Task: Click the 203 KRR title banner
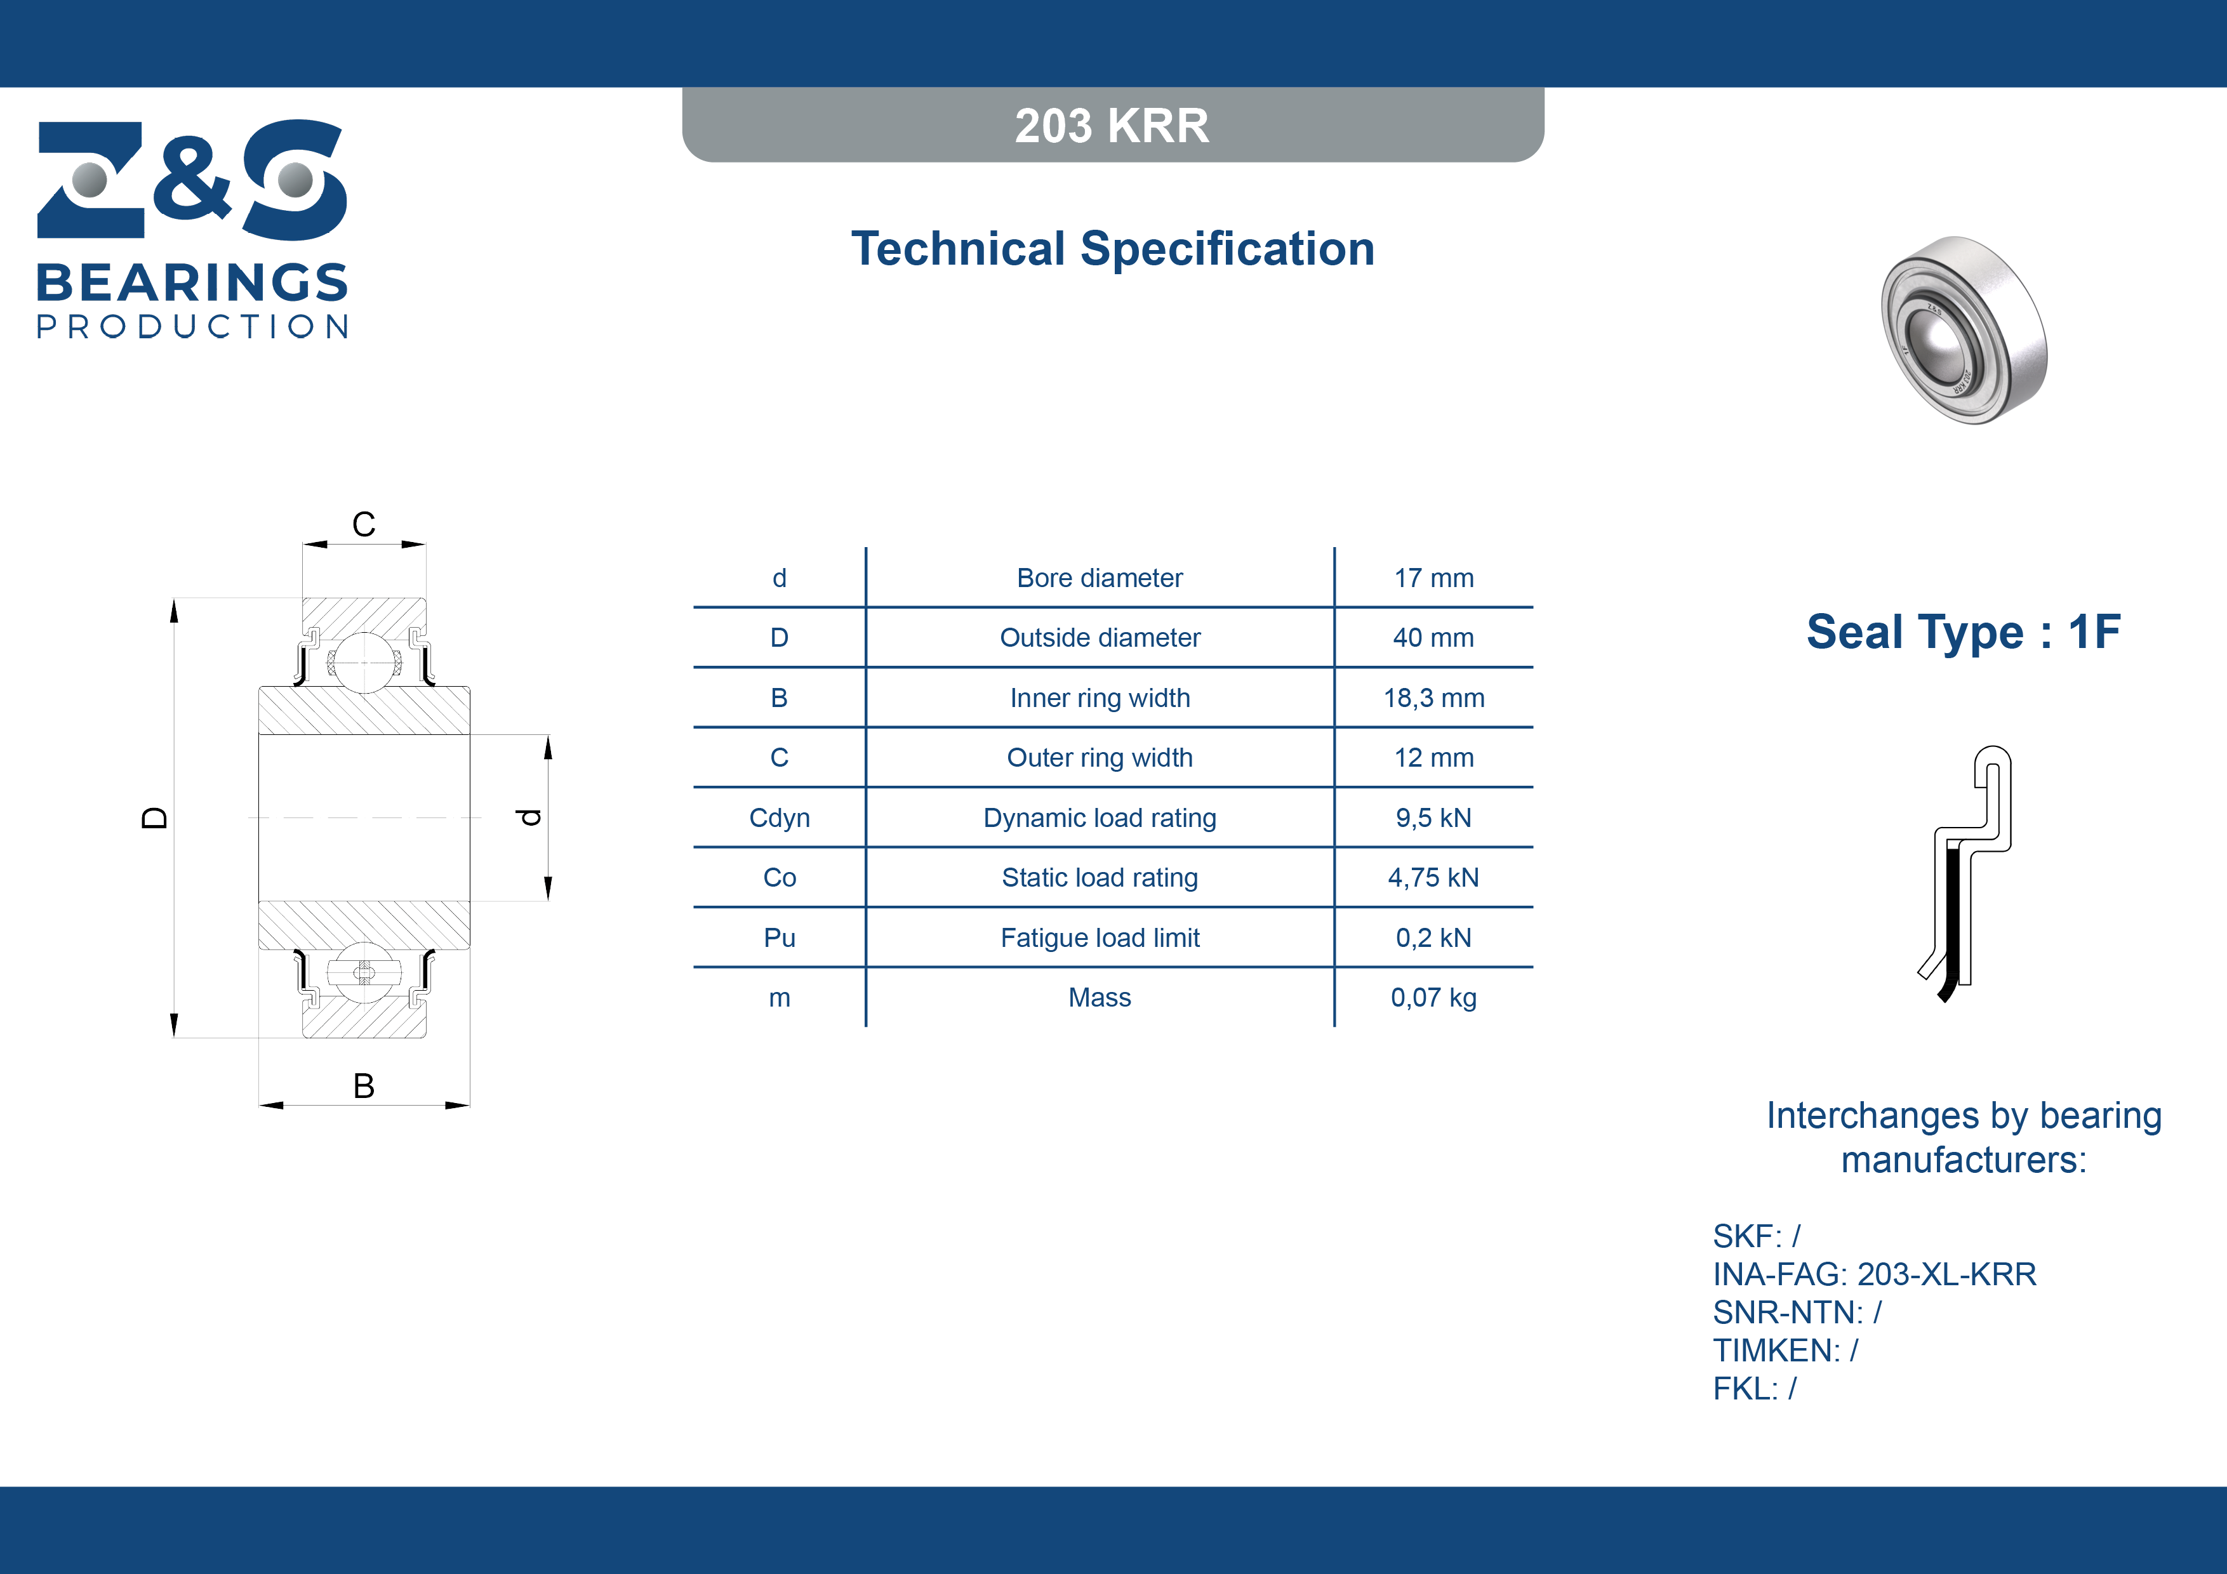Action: pos(1112,125)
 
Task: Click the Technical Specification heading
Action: pos(1112,248)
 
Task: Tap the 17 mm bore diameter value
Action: pos(1433,578)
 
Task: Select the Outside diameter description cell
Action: pos(1100,637)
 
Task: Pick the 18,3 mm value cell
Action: pos(1433,698)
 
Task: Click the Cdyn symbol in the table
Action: pos(779,817)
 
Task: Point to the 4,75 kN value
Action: pos(1433,878)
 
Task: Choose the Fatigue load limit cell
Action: pos(1100,938)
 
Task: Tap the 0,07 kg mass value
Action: pos(1433,998)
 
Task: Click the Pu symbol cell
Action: pos(779,938)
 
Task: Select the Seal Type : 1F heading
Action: pos(1963,632)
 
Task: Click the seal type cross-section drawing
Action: pos(1965,873)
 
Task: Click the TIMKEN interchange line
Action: pos(1785,1350)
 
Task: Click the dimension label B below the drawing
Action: pos(364,1085)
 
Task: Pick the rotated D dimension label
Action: pos(154,817)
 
